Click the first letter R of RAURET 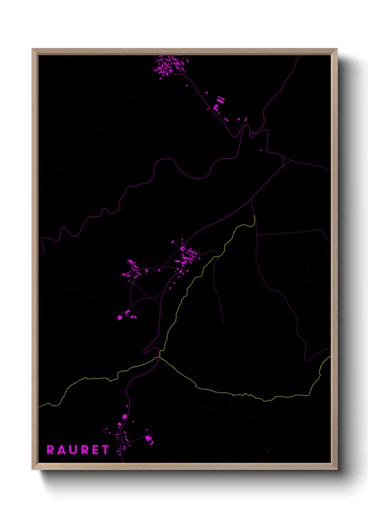(50, 450)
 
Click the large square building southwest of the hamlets (120, 317)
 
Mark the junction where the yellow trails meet (160, 357)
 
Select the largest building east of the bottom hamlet (149, 438)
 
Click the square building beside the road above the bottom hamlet (125, 417)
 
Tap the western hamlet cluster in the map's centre (133, 269)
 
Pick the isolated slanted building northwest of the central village (173, 242)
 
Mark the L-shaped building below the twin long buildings (216, 108)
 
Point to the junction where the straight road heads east (257, 235)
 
